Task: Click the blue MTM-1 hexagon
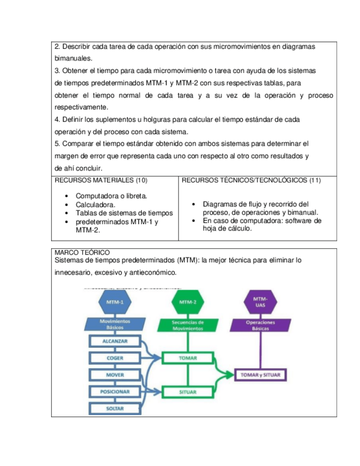[x=115, y=302]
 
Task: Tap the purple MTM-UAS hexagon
[x=261, y=301]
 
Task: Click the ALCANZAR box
[x=115, y=341]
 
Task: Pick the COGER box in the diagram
[x=115, y=358]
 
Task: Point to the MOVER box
[x=115, y=375]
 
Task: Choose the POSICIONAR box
[x=115, y=392]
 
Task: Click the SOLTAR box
[x=115, y=409]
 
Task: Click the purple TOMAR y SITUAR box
[x=261, y=375]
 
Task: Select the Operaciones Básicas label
[x=261, y=324]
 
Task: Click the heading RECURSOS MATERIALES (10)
[x=101, y=180]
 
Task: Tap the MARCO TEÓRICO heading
[x=82, y=252]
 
